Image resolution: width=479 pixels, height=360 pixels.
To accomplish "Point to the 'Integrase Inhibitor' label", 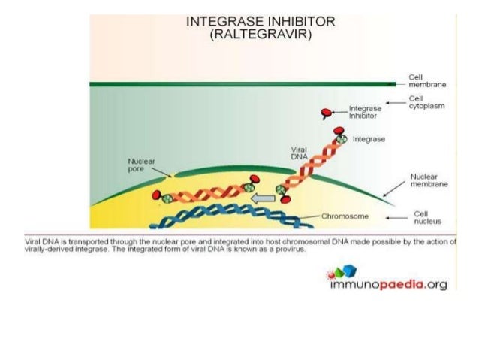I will point(366,113).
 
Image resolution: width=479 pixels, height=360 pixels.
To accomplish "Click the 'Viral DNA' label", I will point(300,153).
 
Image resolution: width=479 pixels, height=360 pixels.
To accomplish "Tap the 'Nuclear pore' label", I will point(142,164).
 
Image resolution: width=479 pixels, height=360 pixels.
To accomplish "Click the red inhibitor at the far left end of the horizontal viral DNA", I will point(157,196).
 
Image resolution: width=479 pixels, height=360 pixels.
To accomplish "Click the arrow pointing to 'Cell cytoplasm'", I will point(393,102).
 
